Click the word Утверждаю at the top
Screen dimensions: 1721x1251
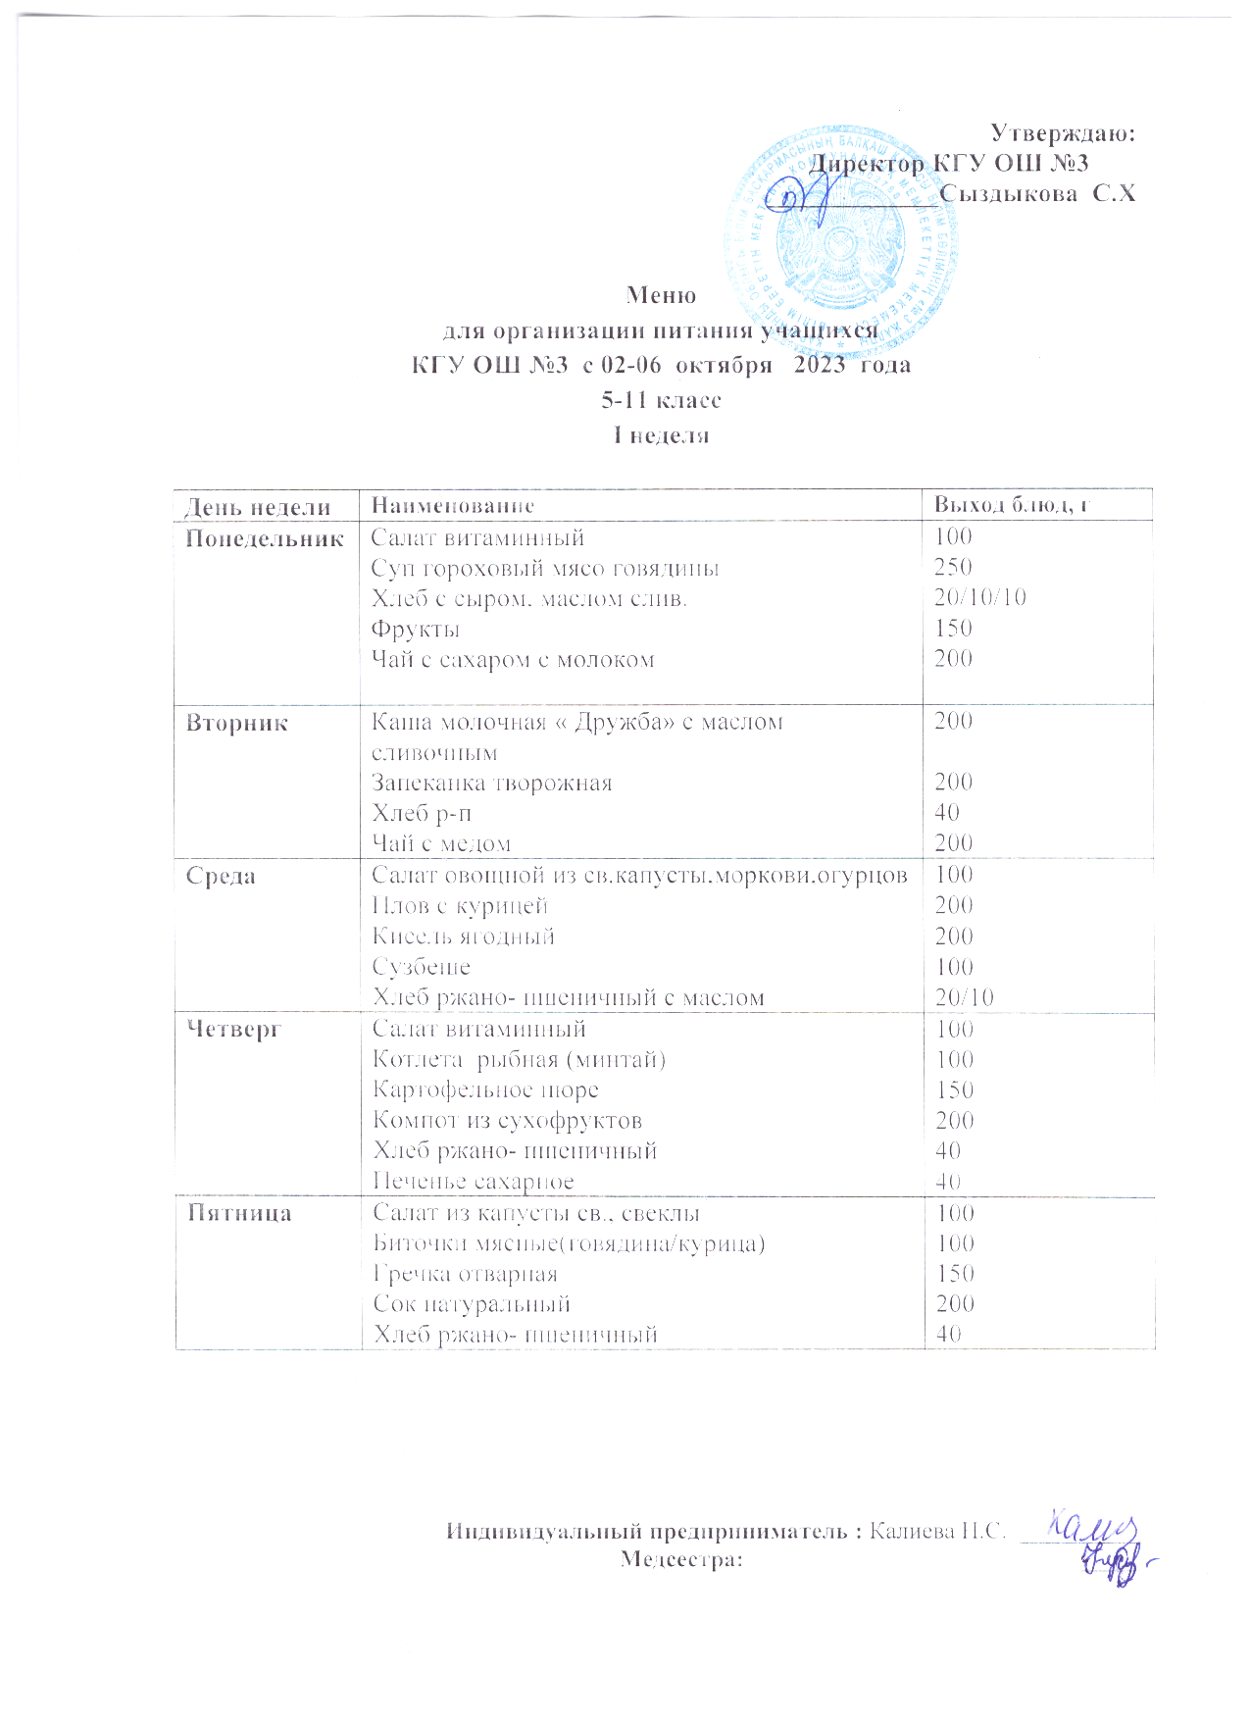[x=1062, y=133]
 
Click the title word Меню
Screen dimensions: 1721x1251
[x=661, y=295]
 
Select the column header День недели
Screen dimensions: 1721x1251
[x=258, y=507]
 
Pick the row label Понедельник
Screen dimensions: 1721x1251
[x=265, y=538]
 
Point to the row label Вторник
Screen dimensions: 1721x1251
[x=237, y=724]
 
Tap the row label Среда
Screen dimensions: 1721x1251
[x=221, y=877]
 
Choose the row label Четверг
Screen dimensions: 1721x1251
[x=234, y=1030]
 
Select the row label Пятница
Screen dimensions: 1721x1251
[x=239, y=1214]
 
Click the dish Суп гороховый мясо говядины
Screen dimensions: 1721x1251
[x=545, y=569]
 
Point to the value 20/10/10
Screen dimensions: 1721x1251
[x=979, y=597]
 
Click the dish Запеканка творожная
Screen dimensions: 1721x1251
[x=492, y=784]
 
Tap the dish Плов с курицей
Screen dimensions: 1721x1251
[x=460, y=906]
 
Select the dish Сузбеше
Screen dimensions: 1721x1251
[x=422, y=967]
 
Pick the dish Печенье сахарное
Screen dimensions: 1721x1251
[x=474, y=1182]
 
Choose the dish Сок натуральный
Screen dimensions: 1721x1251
[x=472, y=1304]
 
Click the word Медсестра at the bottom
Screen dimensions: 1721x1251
[x=680, y=1559]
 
